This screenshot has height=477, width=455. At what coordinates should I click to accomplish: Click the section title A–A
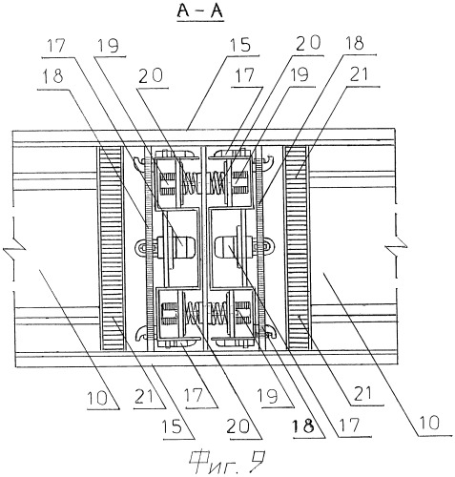[x=200, y=11]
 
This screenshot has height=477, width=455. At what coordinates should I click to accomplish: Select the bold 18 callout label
[x=303, y=425]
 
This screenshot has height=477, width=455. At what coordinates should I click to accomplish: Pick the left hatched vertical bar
[x=111, y=248]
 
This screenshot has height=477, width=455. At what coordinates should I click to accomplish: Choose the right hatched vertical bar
[x=297, y=247]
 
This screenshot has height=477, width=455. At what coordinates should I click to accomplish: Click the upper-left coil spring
[x=191, y=184]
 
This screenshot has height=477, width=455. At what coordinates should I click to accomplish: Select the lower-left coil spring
[x=194, y=312]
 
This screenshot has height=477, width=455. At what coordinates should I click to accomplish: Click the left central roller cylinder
[x=184, y=246]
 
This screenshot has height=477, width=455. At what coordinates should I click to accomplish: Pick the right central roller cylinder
[x=226, y=246]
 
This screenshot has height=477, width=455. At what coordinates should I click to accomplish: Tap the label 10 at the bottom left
[x=98, y=398]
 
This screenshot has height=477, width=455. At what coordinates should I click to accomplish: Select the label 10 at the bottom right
[x=429, y=423]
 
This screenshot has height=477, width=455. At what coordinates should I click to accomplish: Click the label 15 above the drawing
[x=240, y=45]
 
